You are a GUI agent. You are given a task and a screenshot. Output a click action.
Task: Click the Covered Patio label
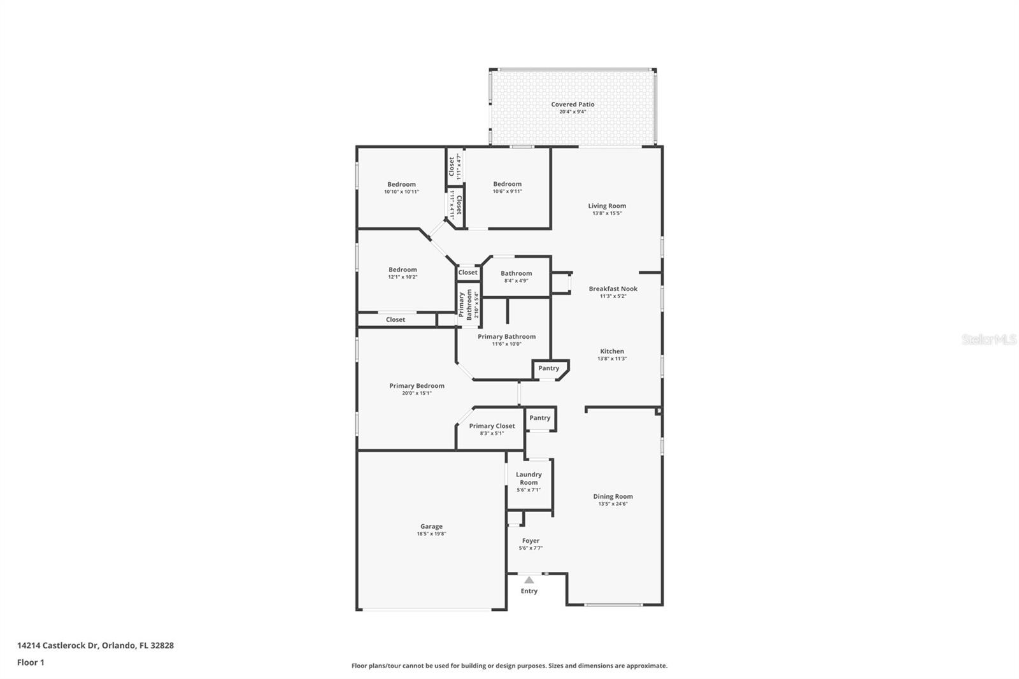(573, 104)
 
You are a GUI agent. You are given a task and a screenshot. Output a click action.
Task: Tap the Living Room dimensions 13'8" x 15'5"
(607, 213)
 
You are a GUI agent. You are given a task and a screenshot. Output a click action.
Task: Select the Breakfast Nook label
(613, 289)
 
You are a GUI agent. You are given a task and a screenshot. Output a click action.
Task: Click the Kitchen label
(612, 351)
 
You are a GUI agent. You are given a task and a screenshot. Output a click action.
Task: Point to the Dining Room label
(613, 496)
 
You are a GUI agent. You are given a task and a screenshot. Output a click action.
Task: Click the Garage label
(431, 526)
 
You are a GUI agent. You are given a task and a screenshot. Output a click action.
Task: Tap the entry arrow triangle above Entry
(529, 580)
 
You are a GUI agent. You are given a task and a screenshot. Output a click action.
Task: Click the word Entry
(529, 591)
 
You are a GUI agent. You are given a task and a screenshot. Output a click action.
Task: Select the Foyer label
(531, 541)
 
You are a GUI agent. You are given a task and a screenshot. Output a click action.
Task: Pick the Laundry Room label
(529, 478)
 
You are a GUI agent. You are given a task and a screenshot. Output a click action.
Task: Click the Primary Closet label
(492, 426)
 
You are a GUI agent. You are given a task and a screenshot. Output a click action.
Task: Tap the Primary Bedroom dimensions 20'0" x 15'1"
(417, 393)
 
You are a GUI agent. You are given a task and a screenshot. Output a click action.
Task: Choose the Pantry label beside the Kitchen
(548, 368)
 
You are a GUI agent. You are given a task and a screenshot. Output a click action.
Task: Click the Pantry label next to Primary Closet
(539, 418)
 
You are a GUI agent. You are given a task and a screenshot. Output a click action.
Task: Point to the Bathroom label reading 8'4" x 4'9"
(516, 273)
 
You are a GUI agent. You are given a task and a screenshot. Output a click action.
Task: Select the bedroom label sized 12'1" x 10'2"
(403, 269)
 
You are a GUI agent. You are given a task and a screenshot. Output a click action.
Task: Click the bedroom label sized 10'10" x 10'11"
(401, 184)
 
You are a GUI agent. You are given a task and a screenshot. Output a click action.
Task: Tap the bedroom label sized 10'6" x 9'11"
(507, 184)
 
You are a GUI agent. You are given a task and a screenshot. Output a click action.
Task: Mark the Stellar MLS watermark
(989, 340)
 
